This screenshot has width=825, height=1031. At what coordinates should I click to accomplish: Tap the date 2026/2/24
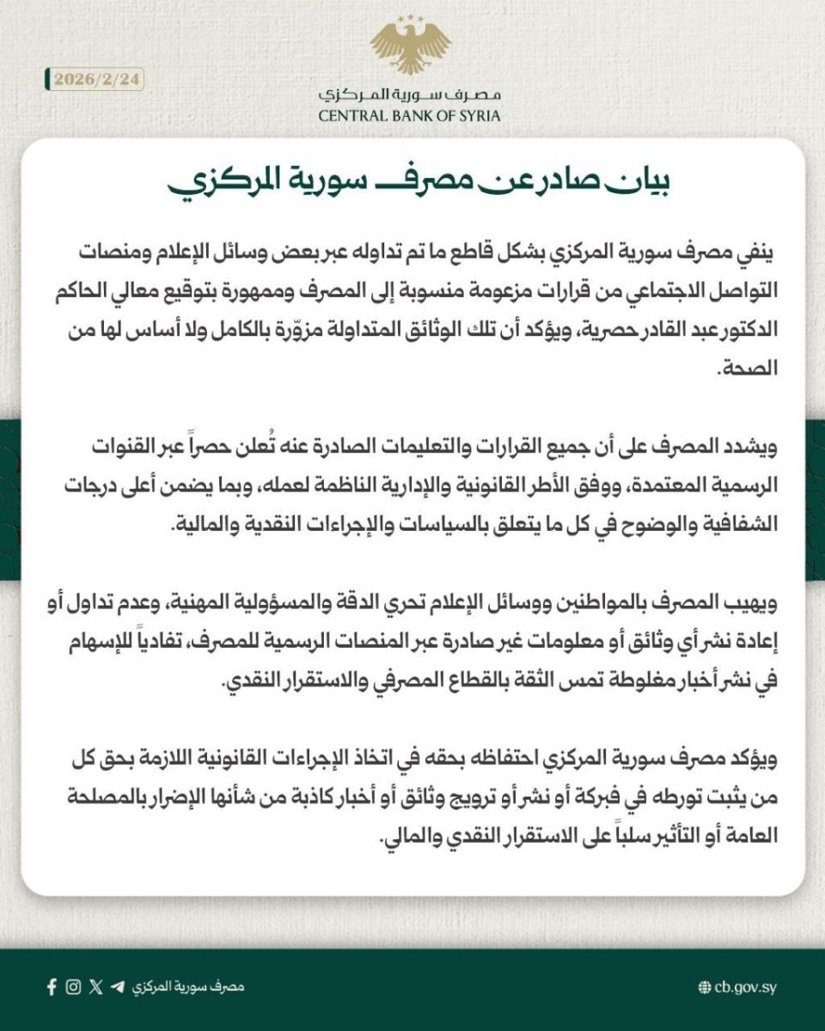[x=95, y=79]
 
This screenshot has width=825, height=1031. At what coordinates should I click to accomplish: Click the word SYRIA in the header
[x=477, y=115]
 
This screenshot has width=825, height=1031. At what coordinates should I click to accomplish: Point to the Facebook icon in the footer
[x=52, y=986]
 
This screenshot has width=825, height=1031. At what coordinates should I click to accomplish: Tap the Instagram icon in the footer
[x=74, y=986]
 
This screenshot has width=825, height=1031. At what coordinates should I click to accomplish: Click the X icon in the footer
[x=95, y=986]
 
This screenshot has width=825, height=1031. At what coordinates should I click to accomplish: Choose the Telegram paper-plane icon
[x=117, y=986]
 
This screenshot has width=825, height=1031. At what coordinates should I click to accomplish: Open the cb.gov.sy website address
[x=745, y=987]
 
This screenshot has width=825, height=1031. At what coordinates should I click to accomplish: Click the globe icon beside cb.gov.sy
[x=705, y=987]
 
